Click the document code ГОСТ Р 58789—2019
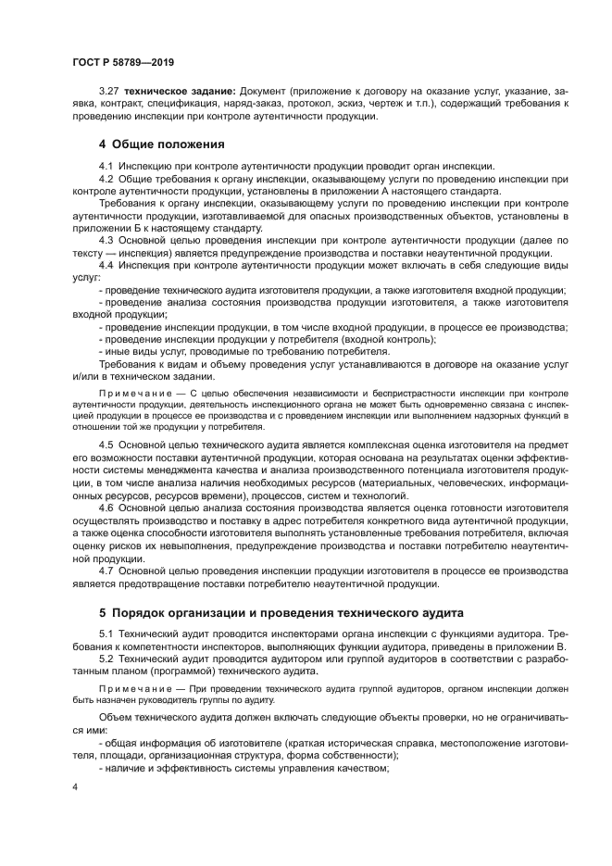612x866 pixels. [x=123, y=62]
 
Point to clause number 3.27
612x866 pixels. [x=109, y=93]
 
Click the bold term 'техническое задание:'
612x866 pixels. [x=181, y=93]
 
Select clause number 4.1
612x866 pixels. [x=106, y=165]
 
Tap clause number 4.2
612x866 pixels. [x=106, y=177]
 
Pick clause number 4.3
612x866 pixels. [x=106, y=238]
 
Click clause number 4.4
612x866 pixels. [x=106, y=263]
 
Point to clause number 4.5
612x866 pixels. [x=106, y=446]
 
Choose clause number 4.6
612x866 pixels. [x=106, y=508]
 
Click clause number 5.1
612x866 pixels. [x=106, y=633]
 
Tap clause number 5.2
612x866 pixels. [x=106, y=658]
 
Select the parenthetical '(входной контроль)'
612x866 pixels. [x=386, y=339]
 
